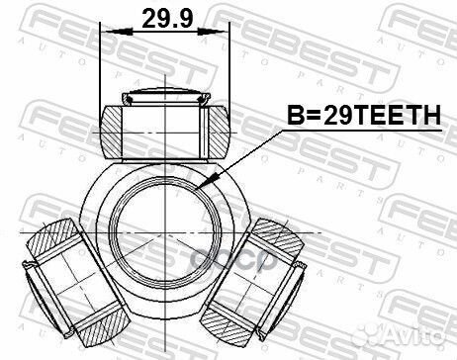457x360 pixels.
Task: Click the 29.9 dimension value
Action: (x=165, y=19)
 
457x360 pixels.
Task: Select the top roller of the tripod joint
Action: (x=165, y=126)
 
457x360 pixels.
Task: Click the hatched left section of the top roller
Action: (x=116, y=128)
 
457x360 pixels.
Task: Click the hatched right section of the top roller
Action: (x=215, y=128)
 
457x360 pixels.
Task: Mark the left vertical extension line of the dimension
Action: (x=102, y=69)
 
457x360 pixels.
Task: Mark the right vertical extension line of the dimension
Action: (x=229, y=69)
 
